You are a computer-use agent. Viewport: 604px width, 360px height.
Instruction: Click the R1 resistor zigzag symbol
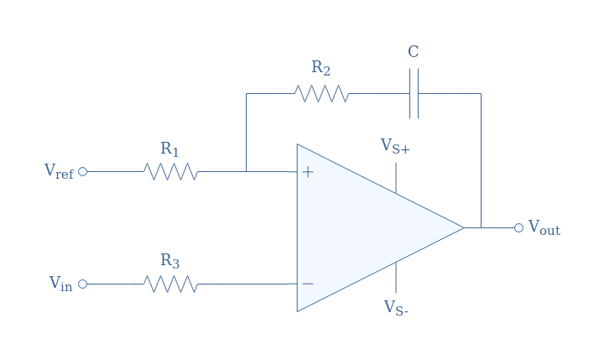170,171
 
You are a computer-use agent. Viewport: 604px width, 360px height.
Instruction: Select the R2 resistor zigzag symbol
321,94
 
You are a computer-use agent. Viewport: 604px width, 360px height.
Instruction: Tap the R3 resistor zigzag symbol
170,284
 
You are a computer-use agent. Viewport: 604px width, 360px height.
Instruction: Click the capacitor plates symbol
414,94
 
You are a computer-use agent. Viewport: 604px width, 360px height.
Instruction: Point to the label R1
169,149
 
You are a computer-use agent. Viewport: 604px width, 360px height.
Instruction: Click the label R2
320,68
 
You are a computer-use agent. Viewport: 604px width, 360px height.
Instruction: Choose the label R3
169,261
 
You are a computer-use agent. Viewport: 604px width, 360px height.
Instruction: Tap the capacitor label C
414,52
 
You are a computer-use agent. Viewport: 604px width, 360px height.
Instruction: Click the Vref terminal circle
82,171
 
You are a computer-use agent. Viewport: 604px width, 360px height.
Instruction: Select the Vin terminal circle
82,284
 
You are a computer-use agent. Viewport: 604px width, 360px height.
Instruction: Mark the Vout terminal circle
519,227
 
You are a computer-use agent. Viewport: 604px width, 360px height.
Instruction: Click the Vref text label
59,171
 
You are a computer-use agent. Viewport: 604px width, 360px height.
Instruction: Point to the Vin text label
61,284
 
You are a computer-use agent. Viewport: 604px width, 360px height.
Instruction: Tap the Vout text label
544,227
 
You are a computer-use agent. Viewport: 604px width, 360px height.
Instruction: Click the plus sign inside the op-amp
308,172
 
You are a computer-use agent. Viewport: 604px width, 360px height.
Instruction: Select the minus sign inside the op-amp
308,284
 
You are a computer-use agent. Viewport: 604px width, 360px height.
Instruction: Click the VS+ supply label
395,147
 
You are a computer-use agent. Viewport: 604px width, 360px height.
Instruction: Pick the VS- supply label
396,308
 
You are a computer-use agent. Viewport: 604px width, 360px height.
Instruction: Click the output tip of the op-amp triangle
464,227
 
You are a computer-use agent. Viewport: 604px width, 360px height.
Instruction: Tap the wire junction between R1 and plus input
246,171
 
